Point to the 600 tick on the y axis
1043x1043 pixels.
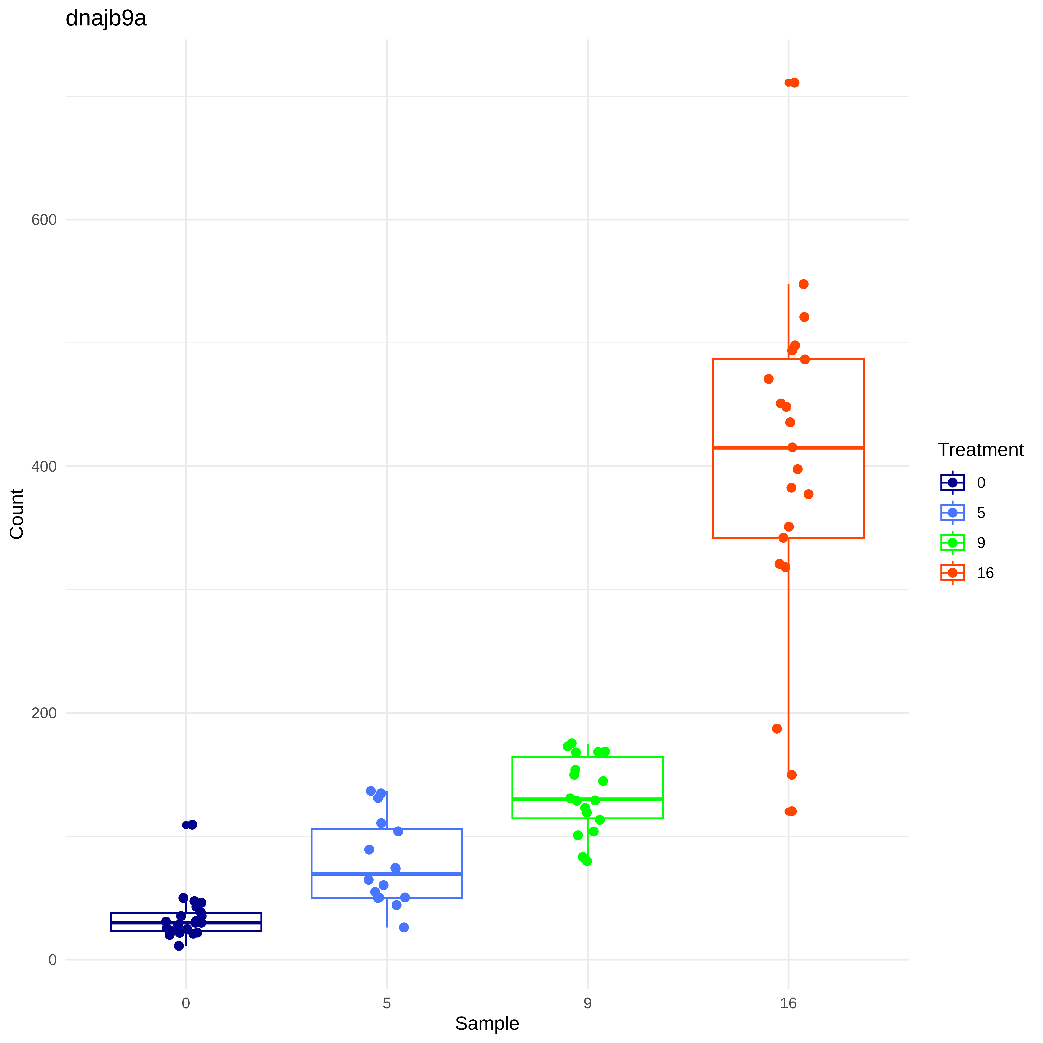pyautogui.click(x=44, y=220)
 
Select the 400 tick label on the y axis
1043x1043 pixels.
pyautogui.click(x=44, y=466)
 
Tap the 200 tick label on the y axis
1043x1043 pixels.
pyautogui.click(x=44, y=713)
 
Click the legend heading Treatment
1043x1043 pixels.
pyautogui.click(x=980, y=450)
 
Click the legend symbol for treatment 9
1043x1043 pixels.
pyautogui.click(x=952, y=543)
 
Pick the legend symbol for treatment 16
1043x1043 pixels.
pyautogui.click(x=952, y=573)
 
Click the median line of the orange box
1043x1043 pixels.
pyautogui.click(x=756, y=447)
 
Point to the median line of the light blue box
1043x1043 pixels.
pyautogui.click(x=345, y=873)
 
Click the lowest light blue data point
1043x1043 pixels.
pyautogui.click(x=404, y=927)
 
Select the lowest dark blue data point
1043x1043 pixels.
pyautogui.click(x=179, y=946)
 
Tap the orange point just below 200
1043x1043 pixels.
pyautogui.click(x=777, y=729)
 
